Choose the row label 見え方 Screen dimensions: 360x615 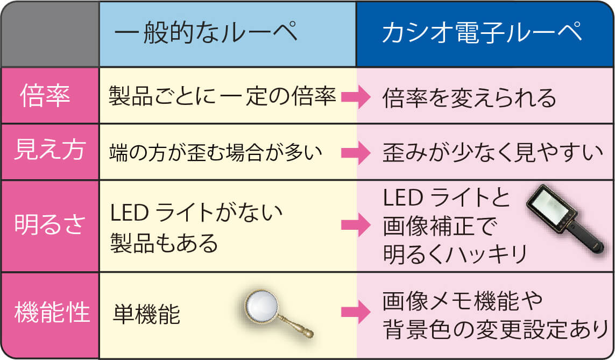pos(49,151)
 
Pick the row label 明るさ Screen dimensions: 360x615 pos(49,225)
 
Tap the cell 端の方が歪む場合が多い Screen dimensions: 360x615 pos(215,153)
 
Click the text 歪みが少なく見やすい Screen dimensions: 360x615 pos(492,153)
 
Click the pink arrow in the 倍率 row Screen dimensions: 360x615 pos(355,98)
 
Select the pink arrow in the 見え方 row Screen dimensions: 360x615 pos(355,153)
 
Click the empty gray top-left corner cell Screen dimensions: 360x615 pos(50,34)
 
